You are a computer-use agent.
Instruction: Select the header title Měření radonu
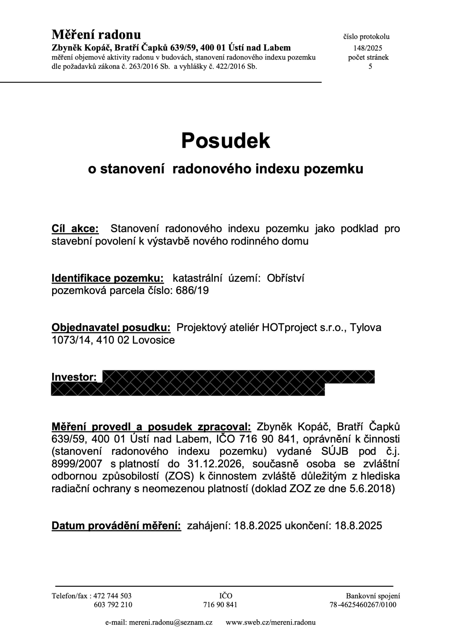pos(96,35)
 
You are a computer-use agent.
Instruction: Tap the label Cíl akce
pos(75,229)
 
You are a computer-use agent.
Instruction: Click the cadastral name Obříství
pos(286,278)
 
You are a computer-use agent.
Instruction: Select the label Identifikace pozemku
pos(108,278)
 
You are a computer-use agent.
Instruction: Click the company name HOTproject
pos(289,327)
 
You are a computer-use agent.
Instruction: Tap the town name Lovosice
pos(153,340)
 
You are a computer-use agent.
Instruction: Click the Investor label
pos(74,377)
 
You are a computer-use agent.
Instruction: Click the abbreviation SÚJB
pos(335,451)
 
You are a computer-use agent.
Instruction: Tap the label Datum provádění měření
pos(116,526)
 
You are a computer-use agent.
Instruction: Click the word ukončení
pos(308,526)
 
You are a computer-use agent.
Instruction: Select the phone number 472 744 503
pos(112,596)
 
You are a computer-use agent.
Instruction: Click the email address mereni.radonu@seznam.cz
pos(171,622)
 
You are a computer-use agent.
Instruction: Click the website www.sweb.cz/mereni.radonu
pos(270,622)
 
